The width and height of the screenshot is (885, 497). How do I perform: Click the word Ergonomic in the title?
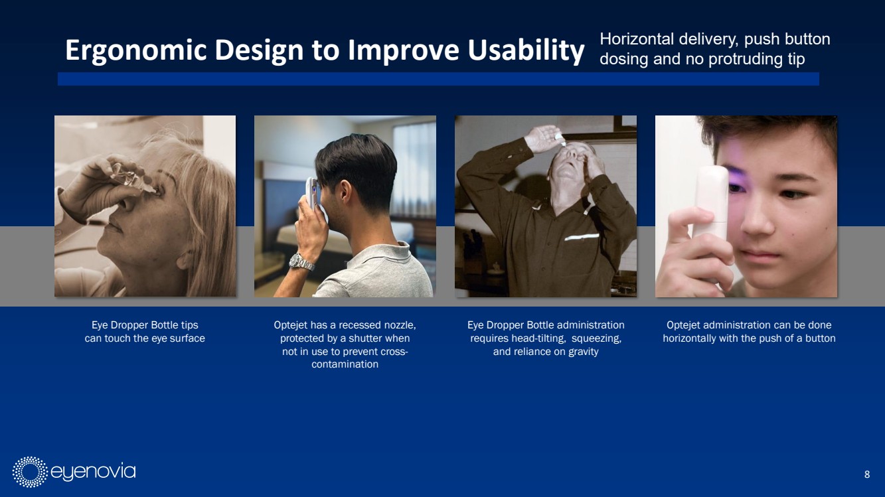(136, 50)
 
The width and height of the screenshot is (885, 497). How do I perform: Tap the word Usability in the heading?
(526, 50)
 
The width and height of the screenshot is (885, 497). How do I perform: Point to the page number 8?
(867, 474)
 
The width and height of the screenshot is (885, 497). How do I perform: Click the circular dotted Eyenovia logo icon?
(30, 472)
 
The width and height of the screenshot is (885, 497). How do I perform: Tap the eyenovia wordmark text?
(93, 472)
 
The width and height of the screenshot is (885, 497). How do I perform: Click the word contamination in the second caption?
(345, 364)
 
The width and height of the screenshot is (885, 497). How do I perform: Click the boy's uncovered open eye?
(794, 194)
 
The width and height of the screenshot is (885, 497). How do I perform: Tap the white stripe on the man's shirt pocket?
(582, 237)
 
